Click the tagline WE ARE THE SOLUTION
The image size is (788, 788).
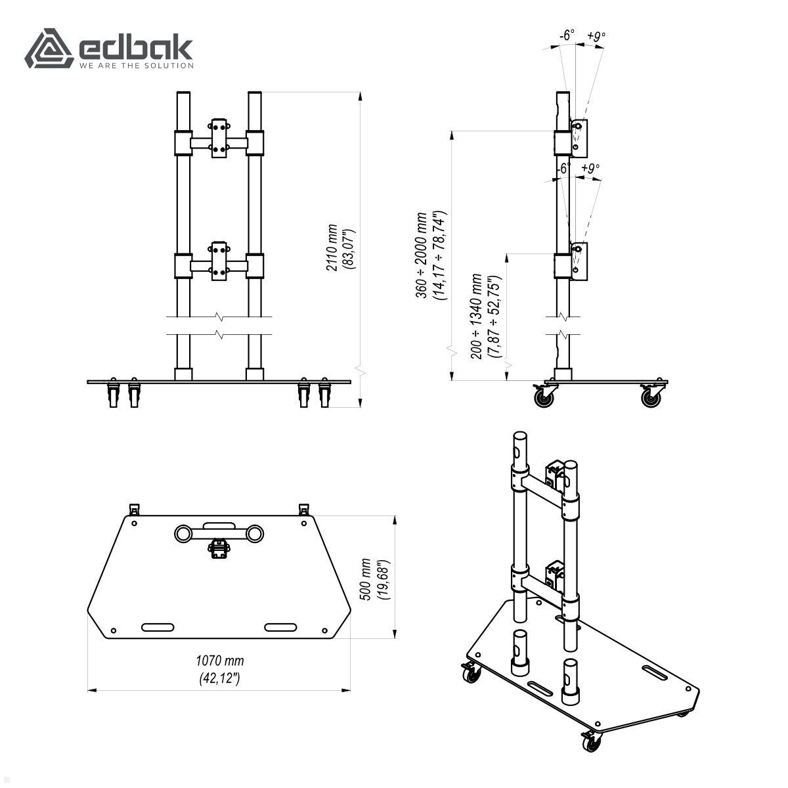click(x=137, y=66)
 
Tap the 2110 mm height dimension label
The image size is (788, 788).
click(x=340, y=248)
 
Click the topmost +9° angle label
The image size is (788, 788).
click(x=596, y=36)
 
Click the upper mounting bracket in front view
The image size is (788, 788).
click(x=219, y=139)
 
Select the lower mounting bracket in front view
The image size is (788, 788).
click(x=219, y=262)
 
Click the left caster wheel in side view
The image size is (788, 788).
click(x=544, y=397)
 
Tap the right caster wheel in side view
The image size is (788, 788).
click(x=652, y=396)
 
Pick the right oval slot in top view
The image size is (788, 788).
click(x=281, y=627)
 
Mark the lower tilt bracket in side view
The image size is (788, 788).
click(x=579, y=262)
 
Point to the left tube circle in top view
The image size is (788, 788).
click(x=183, y=534)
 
